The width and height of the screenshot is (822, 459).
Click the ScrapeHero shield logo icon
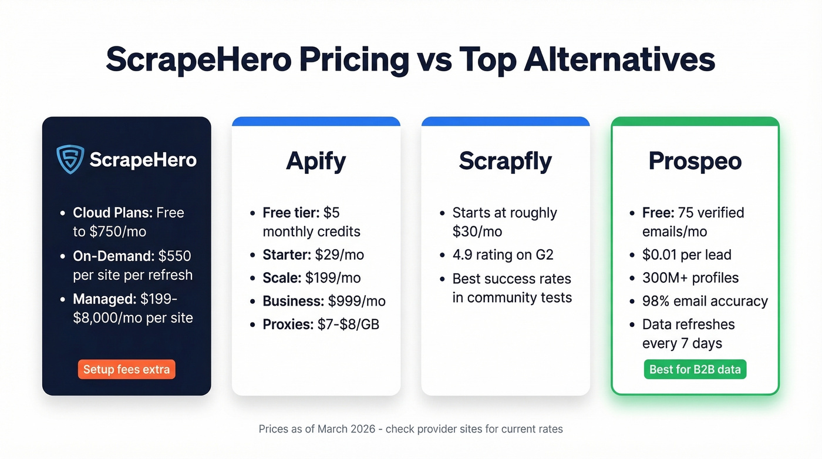click(x=70, y=159)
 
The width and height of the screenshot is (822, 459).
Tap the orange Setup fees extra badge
click(x=126, y=370)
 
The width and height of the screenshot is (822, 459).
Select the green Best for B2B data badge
click(x=695, y=370)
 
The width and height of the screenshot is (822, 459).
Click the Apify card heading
click(x=316, y=161)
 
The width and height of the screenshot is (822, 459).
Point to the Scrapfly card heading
click(x=506, y=161)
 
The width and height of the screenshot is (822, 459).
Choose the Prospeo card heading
click(x=695, y=161)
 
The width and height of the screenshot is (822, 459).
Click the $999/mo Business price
click(x=356, y=301)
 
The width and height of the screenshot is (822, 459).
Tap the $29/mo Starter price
click(x=339, y=254)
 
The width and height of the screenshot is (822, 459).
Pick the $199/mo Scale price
click(x=333, y=277)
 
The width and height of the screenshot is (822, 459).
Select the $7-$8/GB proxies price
click(x=348, y=324)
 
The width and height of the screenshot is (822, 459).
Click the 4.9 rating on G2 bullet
click(x=503, y=254)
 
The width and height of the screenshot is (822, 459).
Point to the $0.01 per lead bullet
click(x=687, y=254)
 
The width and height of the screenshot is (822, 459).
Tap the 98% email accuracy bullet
click(x=705, y=301)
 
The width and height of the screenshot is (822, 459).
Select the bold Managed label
click(x=105, y=299)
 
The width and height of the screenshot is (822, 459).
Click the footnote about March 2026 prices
click(x=410, y=429)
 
